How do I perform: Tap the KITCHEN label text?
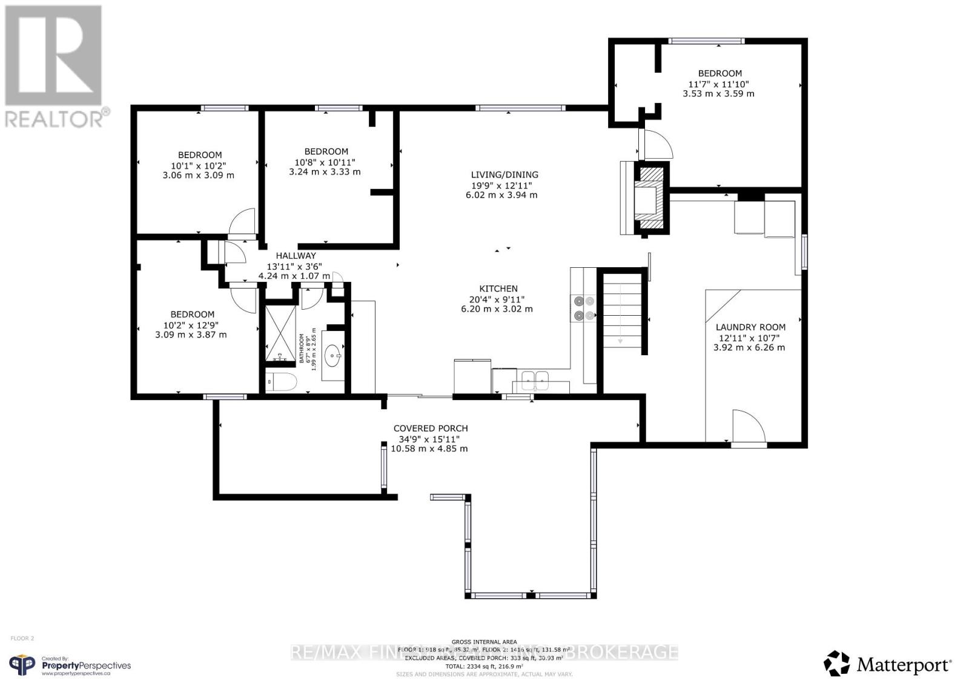498,289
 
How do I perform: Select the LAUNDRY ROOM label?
750,327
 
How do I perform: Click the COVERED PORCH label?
430,428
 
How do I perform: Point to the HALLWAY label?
296,256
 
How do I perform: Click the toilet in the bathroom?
282,382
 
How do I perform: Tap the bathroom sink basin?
332,356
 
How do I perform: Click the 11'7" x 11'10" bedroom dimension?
719,84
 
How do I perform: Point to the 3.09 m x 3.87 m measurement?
191,335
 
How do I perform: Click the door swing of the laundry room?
749,427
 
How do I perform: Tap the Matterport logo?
888,664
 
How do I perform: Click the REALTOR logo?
55,67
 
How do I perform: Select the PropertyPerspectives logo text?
85,665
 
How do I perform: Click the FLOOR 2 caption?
22,638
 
